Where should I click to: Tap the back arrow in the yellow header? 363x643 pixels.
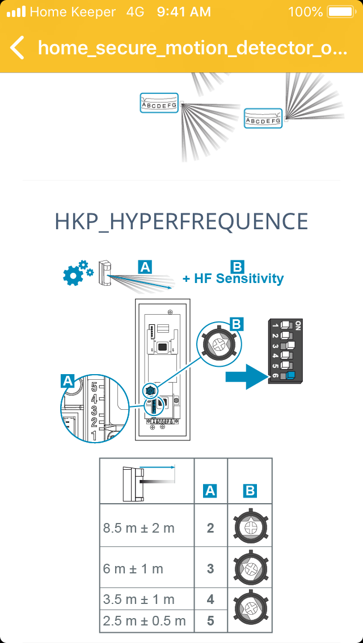point(18,48)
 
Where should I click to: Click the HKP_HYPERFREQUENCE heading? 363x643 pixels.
point(181,221)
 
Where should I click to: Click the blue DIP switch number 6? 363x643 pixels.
point(291,375)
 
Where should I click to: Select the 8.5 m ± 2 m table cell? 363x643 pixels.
point(146,528)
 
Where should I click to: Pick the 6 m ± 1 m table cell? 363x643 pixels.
point(146,569)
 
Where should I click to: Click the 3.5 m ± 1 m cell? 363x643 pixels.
point(146,599)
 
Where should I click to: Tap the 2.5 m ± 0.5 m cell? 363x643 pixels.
point(146,620)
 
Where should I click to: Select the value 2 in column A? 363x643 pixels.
point(210,528)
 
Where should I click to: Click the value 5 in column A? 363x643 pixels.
point(210,621)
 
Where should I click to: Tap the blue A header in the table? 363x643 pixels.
point(210,491)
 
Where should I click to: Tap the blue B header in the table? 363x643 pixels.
point(250,491)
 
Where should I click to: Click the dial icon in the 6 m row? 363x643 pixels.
point(250,568)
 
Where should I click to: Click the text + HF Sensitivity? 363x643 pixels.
point(233,278)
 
